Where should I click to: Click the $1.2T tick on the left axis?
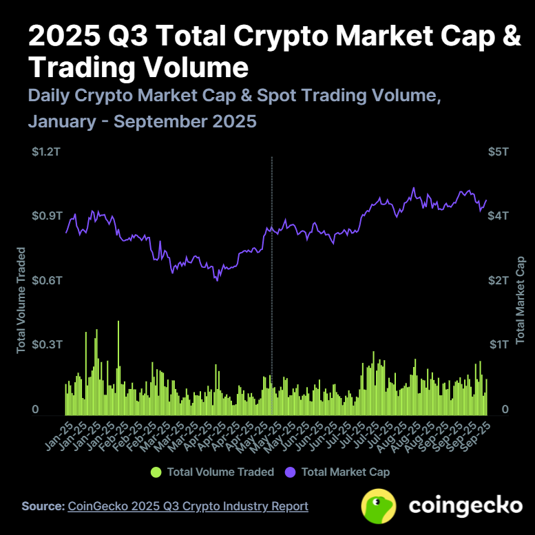(47, 151)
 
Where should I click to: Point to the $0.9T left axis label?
(47, 216)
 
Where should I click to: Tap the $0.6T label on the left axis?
(47, 280)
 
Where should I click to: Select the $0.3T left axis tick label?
(47, 344)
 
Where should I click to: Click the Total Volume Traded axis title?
(21, 300)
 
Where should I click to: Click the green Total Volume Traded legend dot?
(156, 472)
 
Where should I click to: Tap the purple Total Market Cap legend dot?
(291, 472)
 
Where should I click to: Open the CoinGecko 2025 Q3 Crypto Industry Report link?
(188, 506)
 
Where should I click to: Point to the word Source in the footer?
(42, 506)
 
